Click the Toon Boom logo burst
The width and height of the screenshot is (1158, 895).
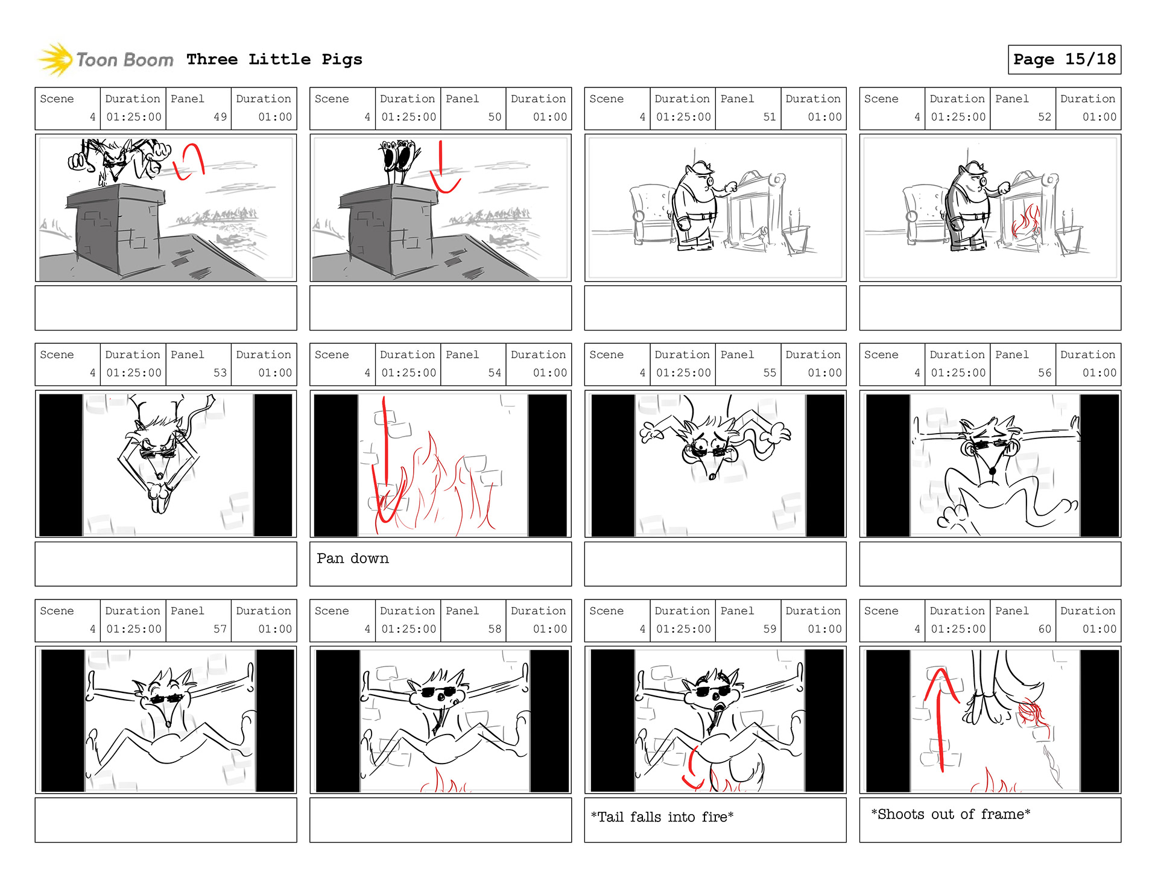[55, 59]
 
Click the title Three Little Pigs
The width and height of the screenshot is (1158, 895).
[274, 59]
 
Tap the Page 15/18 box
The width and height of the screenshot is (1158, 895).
[1065, 59]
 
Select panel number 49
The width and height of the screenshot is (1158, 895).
[220, 117]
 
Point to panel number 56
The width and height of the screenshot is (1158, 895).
[1045, 373]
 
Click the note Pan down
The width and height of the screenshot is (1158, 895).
[353, 558]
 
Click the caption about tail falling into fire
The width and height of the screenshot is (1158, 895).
[662, 817]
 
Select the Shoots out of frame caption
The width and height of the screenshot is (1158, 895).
[951, 814]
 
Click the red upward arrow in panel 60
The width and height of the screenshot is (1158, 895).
[940, 718]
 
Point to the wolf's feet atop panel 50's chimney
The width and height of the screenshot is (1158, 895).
[399, 157]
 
